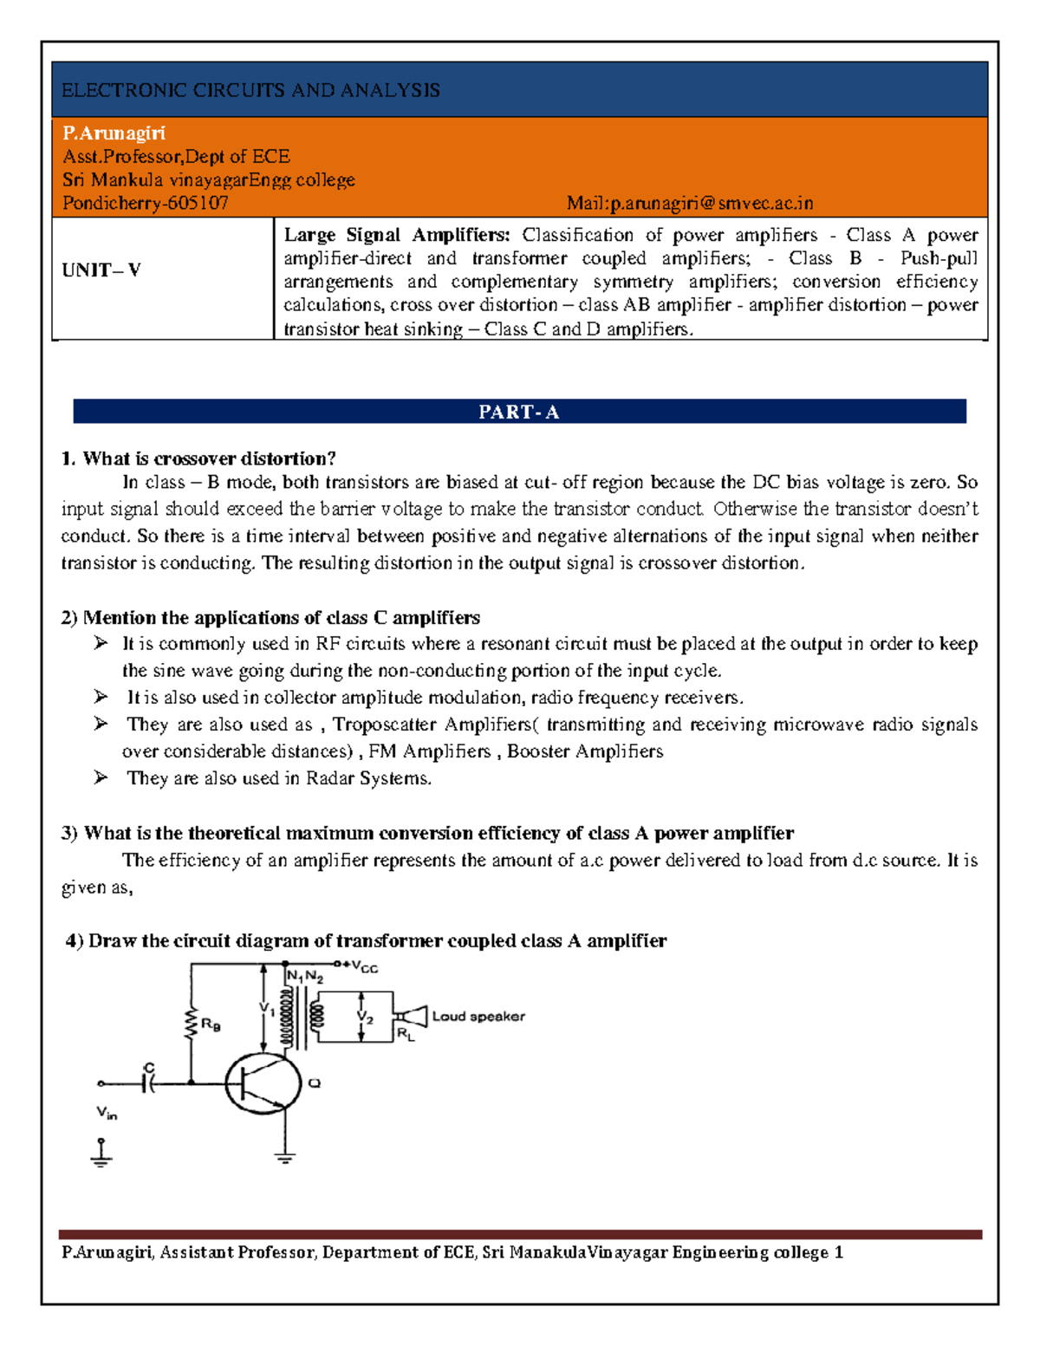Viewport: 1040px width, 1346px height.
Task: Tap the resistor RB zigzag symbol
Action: tap(191, 1024)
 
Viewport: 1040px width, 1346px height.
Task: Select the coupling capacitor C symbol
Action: tap(149, 1082)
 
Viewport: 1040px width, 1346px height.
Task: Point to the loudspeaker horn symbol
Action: tap(413, 1017)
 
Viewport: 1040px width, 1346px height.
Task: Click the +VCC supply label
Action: tap(361, 967)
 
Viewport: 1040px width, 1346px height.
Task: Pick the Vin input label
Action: tap(107, 1113)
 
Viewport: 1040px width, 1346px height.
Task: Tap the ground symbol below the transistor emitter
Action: tap(285, 1156)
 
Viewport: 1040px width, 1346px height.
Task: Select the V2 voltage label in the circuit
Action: tap(366, 1018)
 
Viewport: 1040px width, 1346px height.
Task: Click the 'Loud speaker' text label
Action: tap(478, 1017)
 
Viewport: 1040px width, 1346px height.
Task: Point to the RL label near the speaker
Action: tap(406, 1034)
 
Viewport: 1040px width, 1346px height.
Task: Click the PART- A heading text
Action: tap(519, 413)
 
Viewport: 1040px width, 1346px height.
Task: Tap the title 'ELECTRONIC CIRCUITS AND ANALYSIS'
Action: tap(250, 90)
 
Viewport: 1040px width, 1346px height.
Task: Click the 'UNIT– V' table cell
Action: tap(101, 270)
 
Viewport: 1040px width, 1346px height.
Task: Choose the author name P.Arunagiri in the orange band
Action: tap(114, 133)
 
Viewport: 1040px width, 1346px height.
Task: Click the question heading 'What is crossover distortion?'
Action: tap(209, 458)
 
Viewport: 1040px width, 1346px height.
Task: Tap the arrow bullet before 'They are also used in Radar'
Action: tap(101, 777)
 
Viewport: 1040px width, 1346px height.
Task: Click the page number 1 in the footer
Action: tap(838, 1252)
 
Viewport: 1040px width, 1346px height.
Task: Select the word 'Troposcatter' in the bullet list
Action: tap(386, 725)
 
